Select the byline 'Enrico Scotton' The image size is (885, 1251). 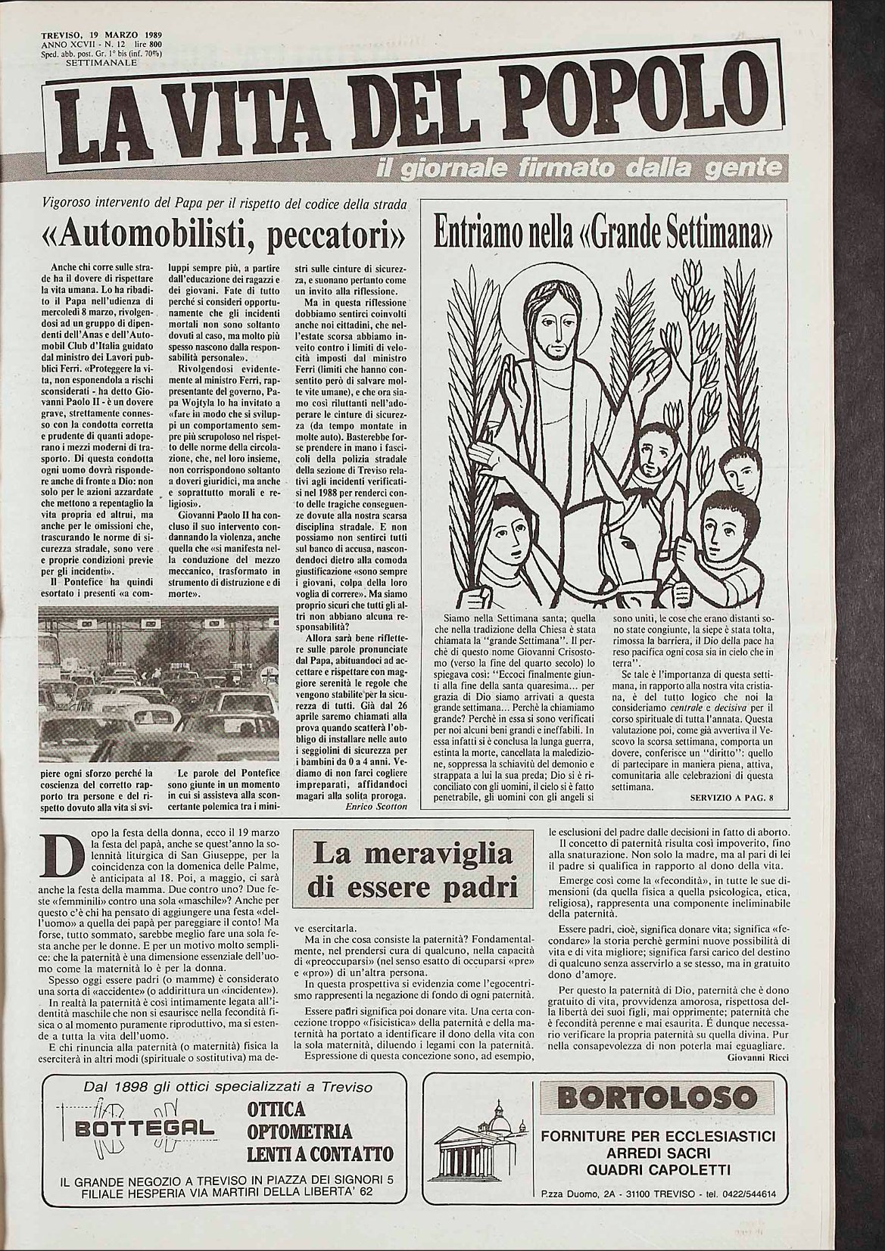[x=376, y=808]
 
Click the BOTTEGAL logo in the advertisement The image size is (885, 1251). [x=140, y=1128]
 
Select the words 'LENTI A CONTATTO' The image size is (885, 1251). [x=319, y=1154]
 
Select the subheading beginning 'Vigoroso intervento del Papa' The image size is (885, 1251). [x=224, y=204]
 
